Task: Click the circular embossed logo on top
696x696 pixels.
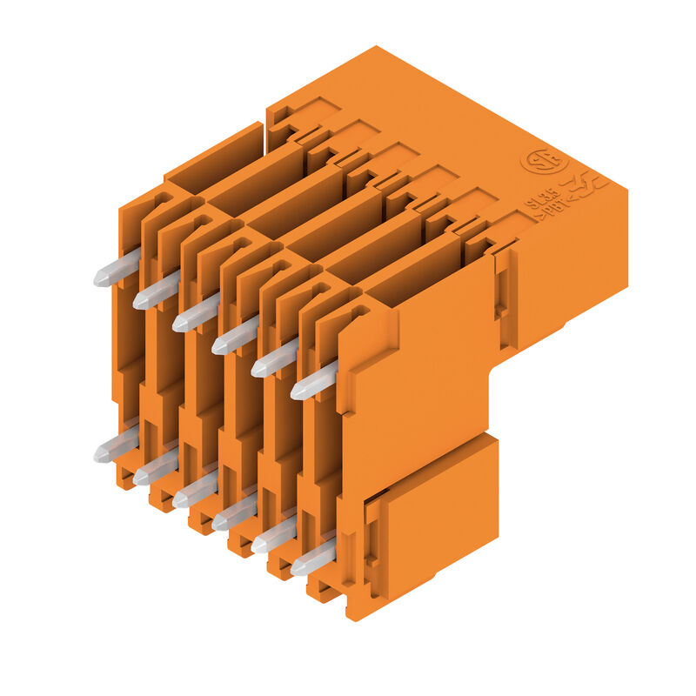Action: pyautogui.click(x=544, y=163)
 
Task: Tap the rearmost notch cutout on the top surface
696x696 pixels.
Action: pyautogui.click(x=304, y=113)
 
